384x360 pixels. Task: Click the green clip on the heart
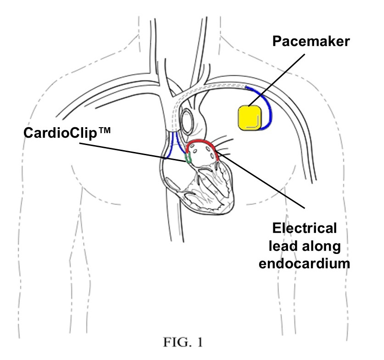click(x=187, y=158)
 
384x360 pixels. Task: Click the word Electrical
click(x=305, y=228)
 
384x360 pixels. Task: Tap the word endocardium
click(x=304, y=263)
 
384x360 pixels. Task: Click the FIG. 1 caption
click(x=192, y=342)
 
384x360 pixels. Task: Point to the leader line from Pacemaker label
click(x=276, y=78)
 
